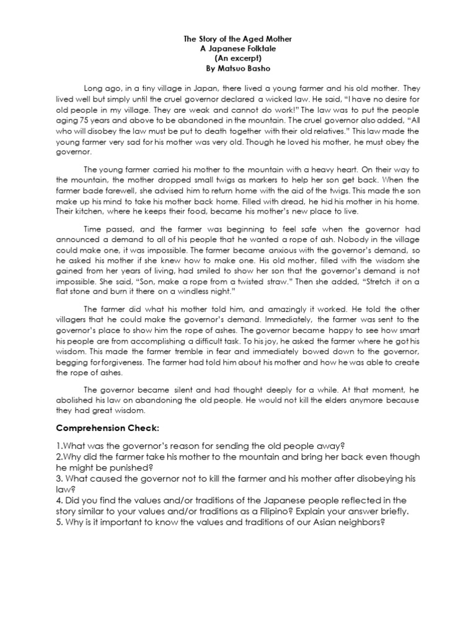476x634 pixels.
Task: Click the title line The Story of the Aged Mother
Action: point(237,39)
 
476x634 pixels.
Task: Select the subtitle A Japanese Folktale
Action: point(237,48)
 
